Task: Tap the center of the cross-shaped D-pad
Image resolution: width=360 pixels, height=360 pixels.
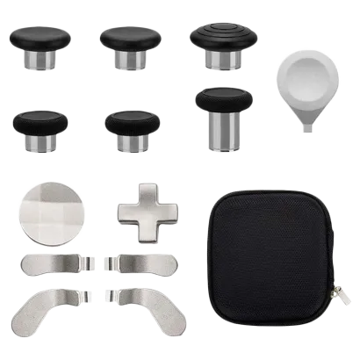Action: coord(141,210)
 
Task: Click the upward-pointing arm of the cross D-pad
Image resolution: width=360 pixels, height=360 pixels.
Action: coord(142,193)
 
